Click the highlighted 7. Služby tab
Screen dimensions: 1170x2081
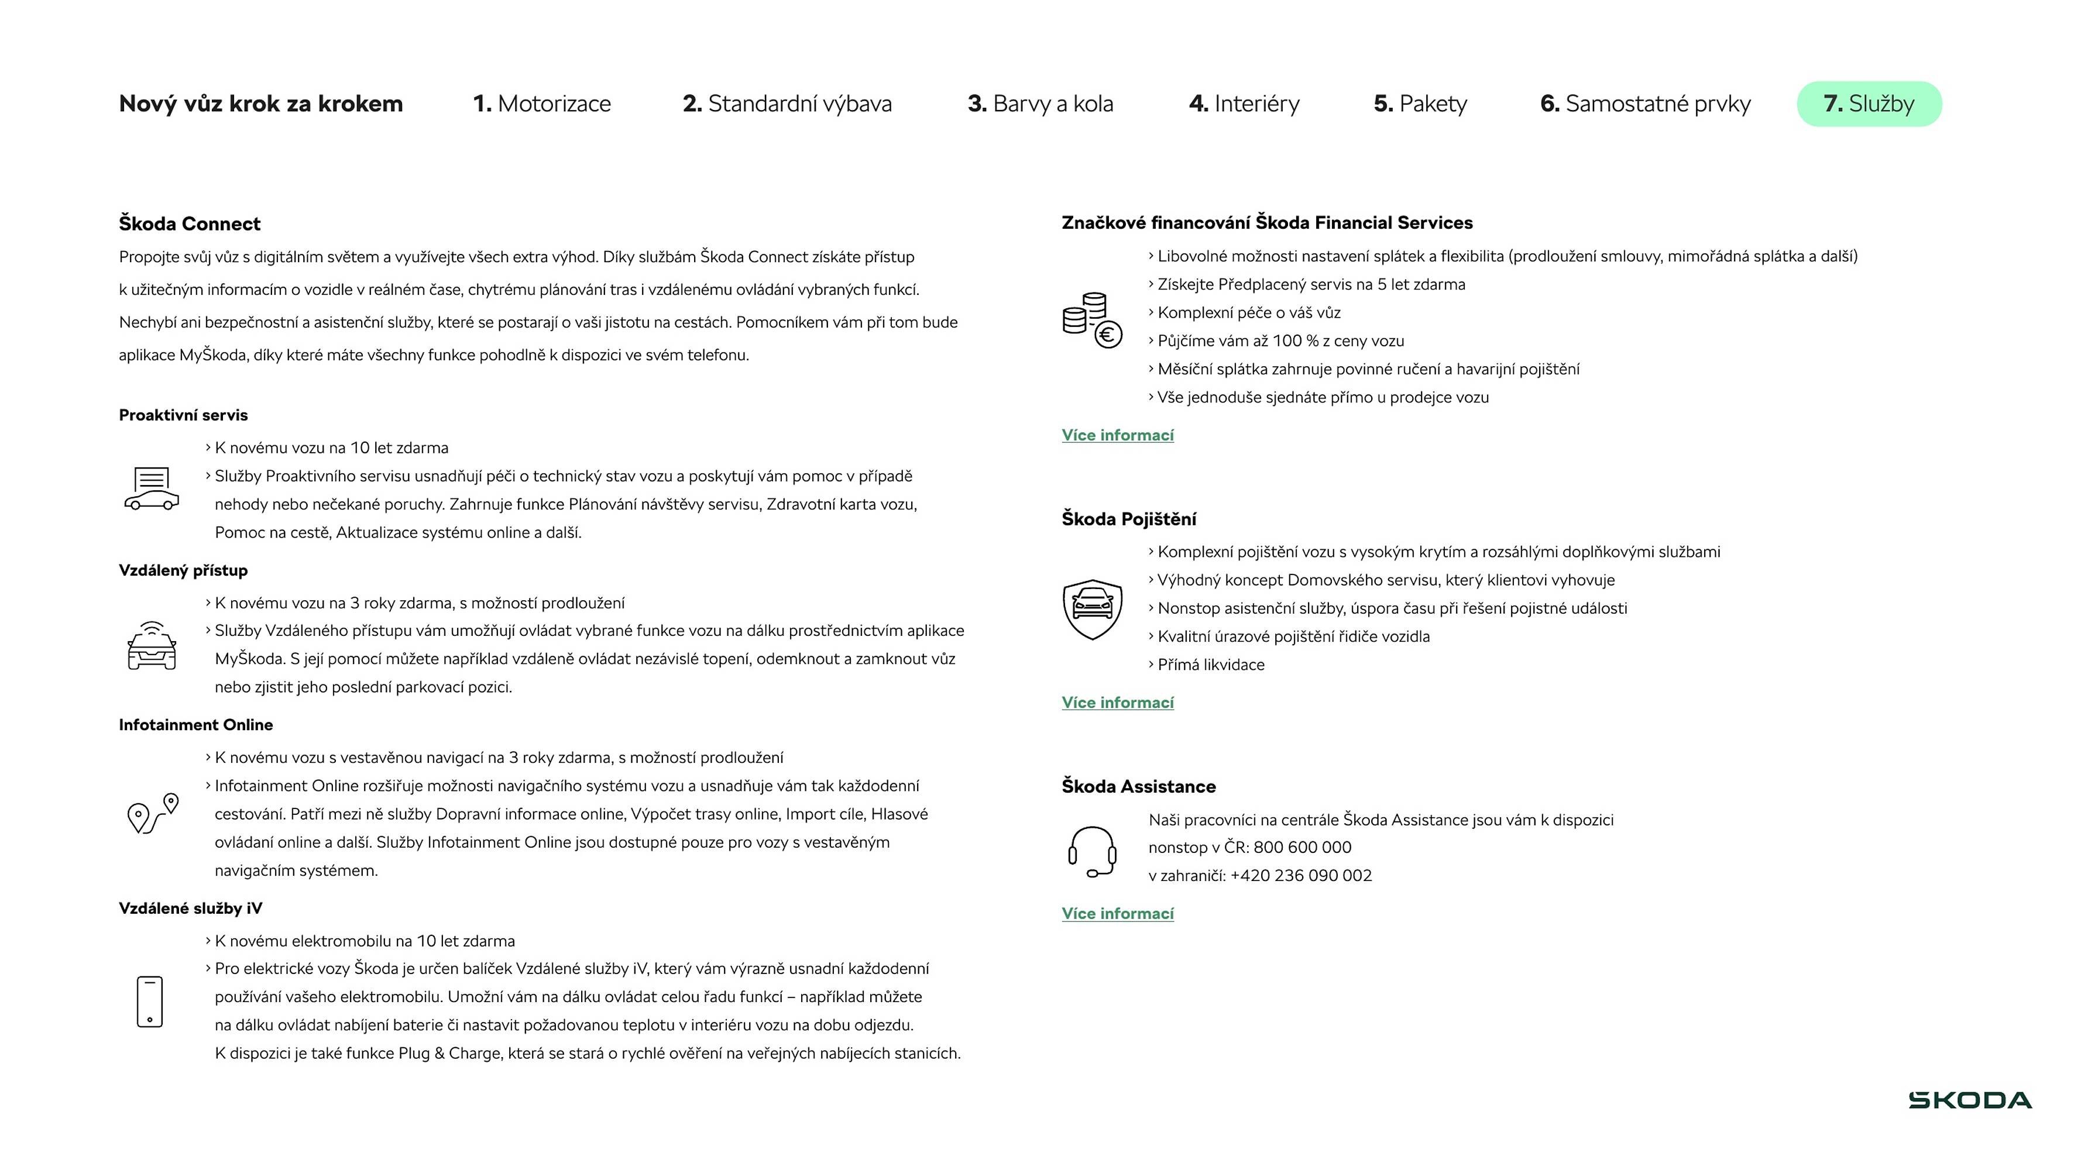[1869, 104]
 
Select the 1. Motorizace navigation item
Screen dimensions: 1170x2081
[542, 104]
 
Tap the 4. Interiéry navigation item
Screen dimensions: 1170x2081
[1244, 104]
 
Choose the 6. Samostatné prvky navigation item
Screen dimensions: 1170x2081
[1645, 104]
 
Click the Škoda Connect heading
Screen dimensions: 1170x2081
[190, 223]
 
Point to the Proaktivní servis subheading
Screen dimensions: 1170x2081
[183, 415]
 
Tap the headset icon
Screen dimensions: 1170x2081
[1092, 851]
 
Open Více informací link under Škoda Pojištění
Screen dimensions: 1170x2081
[1117, 703]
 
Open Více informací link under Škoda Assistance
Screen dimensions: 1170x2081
[1117, 913]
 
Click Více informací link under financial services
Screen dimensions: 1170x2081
[1117, 435]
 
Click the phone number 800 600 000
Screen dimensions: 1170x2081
[1302, 847]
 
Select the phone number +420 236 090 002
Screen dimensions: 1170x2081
[1300, 875]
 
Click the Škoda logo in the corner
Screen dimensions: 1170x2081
[1970, 1100]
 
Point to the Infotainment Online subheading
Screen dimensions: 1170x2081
[195, 725]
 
